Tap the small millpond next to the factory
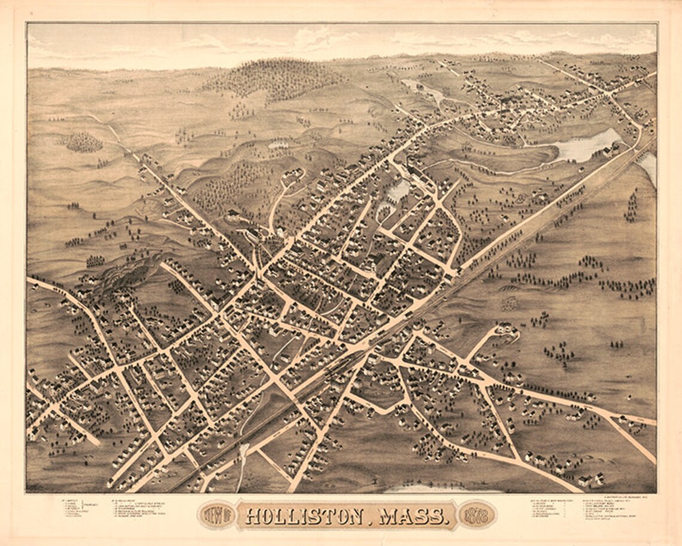pyautogui.click(x=398, y=191)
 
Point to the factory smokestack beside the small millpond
pyautogui.click(x=408, y=162)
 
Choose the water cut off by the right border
pyautogui.click(x=648, y=165)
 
